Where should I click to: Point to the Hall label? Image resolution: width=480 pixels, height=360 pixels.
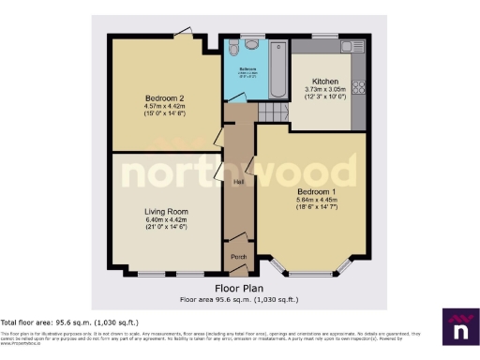pos(239,182)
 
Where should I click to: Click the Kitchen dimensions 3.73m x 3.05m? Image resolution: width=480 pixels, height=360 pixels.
pos(325,91)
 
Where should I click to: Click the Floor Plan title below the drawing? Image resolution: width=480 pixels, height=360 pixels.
pos(239,288)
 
